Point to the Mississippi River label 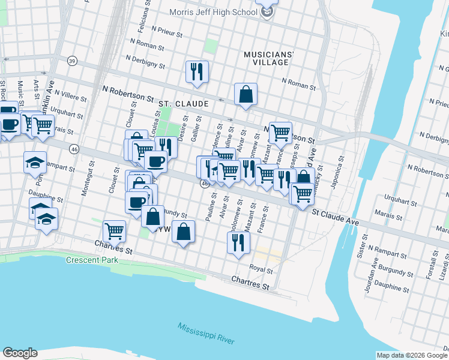(x=205, y=335)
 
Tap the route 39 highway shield (x=73, y=61)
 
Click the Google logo (x=20, y=353)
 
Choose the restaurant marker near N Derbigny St (x=197, y=72)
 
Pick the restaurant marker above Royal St (x=238, y=242)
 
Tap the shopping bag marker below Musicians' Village (x=246, y=94)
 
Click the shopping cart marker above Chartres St (x=114, y=230)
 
